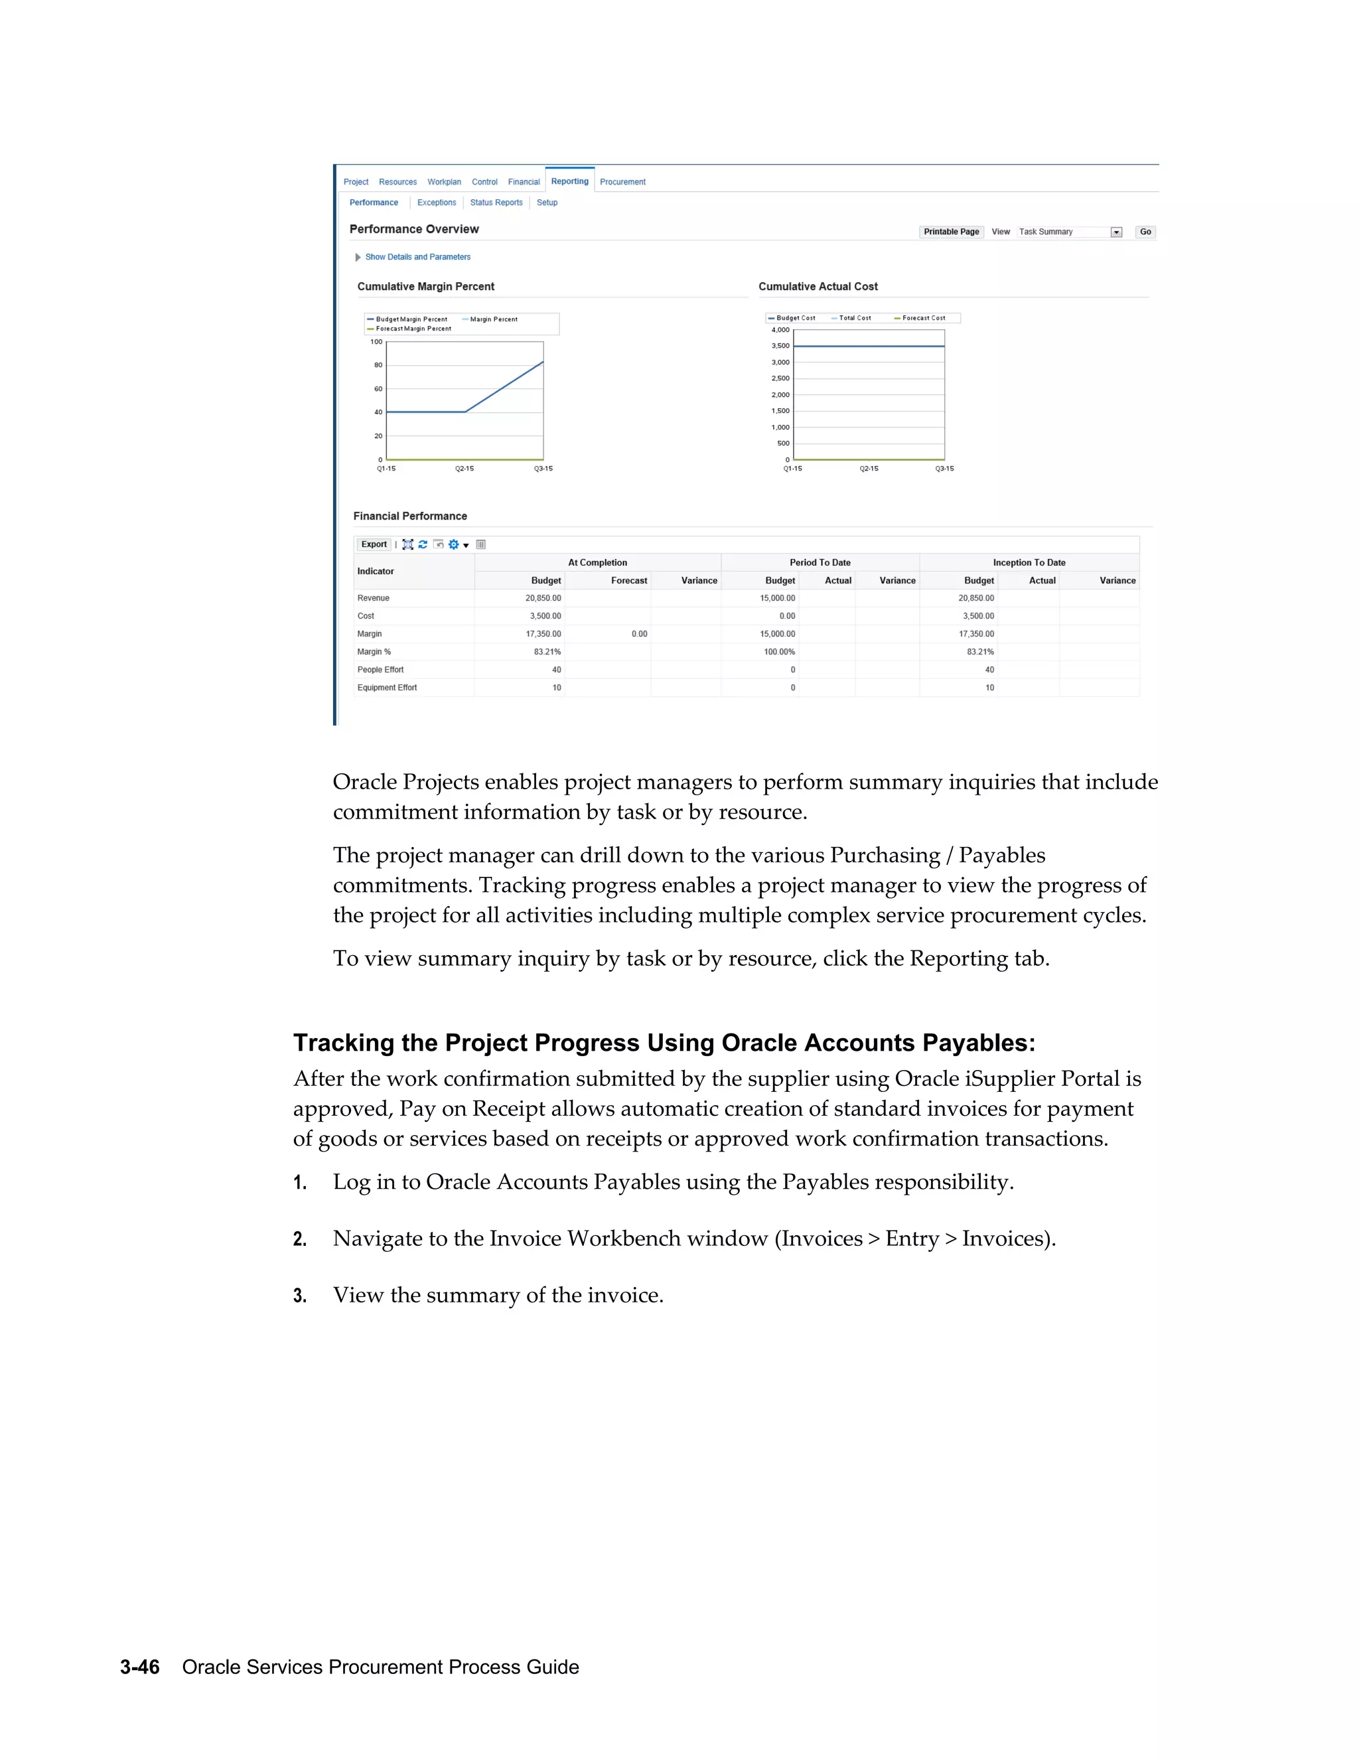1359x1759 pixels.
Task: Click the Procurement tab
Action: point(622,182)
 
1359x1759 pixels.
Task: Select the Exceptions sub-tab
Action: point(437,203)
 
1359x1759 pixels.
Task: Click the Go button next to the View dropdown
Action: point(1145,232)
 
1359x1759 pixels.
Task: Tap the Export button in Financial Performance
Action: point(374,544)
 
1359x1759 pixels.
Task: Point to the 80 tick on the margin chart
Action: point(378,365)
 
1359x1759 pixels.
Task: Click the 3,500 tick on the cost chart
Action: point(780,346)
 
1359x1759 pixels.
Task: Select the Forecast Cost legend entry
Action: point(922,318)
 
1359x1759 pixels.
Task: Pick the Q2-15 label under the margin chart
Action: point(465,469)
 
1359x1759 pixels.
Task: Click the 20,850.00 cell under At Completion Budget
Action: point(543,599)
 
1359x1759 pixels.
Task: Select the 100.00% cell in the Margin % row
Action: point(778,652)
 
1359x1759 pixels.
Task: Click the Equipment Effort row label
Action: point(388,688)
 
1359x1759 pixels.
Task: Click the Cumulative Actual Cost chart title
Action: point(818,287)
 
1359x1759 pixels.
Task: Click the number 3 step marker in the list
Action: point(299,1296)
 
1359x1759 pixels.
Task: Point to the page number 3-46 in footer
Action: point(140,1667)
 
